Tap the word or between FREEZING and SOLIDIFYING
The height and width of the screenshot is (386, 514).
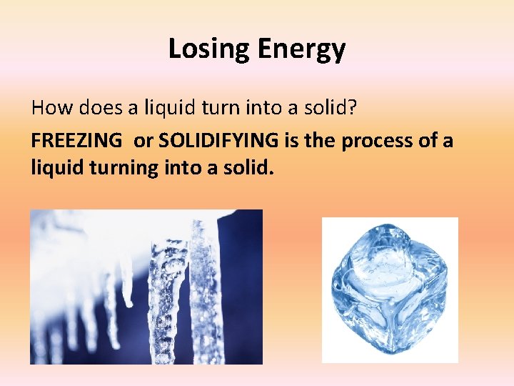tap(143, 140)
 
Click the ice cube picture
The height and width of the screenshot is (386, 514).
tap(390, 289)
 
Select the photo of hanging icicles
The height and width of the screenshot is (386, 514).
tap(146, 287)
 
